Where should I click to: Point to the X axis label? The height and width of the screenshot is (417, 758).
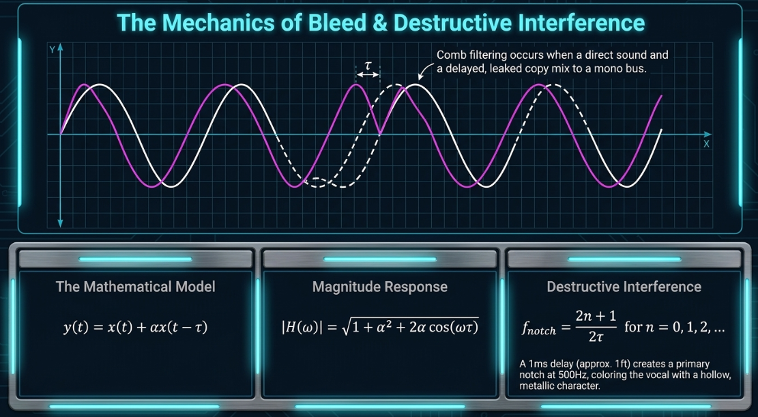point(706,144)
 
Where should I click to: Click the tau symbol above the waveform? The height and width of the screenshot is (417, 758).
point(368,66)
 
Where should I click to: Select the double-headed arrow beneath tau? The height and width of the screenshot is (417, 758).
point(368,75)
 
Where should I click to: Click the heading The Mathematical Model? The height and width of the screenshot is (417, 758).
point(135,287)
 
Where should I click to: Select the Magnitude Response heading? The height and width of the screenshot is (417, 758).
point(380,287)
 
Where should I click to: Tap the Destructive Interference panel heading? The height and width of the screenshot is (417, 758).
point(624,287)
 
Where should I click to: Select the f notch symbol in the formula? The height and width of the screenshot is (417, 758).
point(539,329)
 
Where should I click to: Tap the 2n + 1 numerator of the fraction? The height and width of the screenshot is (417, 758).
point(596,317)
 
